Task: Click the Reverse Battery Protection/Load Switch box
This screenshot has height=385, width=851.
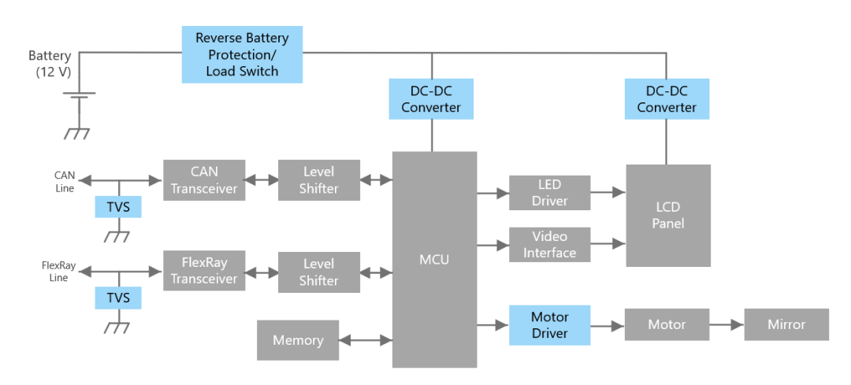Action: pos(242,54)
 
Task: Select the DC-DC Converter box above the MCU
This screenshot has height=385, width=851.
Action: pos(431,98)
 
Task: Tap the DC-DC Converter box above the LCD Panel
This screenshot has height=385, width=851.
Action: pos(667,98)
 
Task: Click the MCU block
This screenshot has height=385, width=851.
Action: pos(434,259)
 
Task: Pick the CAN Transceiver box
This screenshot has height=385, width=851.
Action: pos(204,180)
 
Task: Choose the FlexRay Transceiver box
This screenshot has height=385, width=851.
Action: pos(204,271)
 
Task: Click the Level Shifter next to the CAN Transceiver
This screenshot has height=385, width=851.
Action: pos(319,180)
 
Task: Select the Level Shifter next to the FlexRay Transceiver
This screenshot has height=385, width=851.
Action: pos(319,272)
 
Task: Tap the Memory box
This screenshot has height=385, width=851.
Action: pos(298,340)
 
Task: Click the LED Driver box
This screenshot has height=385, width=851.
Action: pos(550,192)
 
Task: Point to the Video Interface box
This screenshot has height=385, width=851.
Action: pos(550,245)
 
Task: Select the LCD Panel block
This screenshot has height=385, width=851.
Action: pos(668,215)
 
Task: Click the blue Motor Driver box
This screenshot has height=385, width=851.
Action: pos(550,325)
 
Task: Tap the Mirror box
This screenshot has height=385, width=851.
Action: pos(786,324)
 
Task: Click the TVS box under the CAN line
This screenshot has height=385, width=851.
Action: pos(118,206)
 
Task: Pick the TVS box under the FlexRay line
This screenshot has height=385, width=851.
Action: pos(118,298)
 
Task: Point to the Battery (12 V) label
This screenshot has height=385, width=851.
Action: pos(50,64)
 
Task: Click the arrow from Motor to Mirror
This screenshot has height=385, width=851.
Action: pos(727,325)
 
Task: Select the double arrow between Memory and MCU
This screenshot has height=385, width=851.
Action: pos(366,341)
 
